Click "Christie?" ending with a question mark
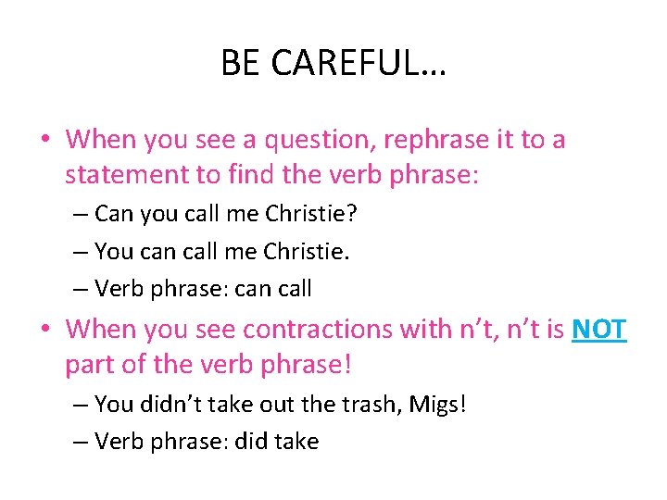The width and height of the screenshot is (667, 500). [311, 214]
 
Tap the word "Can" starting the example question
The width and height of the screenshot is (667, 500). [114, 214]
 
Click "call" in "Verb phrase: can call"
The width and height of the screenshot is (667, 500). [295, 288]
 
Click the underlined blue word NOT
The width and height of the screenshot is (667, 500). [599, 329]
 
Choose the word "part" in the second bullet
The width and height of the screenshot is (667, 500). [90, 364]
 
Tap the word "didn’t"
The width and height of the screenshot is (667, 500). [170, 404]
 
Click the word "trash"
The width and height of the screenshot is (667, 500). [354, 404]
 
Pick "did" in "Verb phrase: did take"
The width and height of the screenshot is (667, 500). [252, 442]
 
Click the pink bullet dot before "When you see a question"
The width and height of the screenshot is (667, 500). [45, 141]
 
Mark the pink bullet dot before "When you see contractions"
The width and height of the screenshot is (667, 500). [45, 330]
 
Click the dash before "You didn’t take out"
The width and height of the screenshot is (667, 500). [81, 405]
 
